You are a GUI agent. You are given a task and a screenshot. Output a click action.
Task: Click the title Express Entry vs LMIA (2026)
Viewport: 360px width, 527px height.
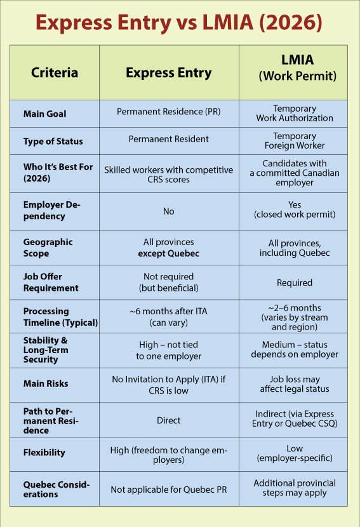pos(180,23)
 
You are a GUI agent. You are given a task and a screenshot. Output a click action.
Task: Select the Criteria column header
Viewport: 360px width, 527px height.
pos(55,72)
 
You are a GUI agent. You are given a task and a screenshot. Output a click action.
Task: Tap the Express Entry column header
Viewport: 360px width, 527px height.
pos(168,72)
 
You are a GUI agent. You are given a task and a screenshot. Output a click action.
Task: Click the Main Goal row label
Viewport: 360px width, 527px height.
pos(44,114)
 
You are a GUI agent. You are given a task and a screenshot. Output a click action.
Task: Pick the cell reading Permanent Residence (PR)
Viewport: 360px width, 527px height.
pos(168,112)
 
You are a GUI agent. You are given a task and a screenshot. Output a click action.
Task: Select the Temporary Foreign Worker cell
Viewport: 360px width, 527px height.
pos(294,140)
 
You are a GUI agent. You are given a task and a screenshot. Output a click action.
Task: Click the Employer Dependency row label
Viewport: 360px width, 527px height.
pos(52,210)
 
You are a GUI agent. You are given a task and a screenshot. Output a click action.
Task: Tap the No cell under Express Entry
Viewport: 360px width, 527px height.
pos(168,211)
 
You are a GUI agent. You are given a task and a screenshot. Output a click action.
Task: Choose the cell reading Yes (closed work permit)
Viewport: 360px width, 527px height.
pos(294,210)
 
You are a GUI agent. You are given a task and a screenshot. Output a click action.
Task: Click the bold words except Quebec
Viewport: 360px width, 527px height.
pos(168,253)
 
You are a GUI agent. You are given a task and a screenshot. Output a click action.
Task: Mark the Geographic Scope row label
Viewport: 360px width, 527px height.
pos(48,248)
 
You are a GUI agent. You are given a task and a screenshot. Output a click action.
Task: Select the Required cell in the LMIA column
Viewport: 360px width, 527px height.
pos(294,283)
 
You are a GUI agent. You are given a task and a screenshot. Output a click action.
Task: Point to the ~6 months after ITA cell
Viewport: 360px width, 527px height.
pos(168,316)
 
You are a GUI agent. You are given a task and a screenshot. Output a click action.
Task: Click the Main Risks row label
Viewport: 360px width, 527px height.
pos(46,384)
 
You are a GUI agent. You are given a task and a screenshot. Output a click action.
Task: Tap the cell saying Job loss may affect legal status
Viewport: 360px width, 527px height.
pos(294,384)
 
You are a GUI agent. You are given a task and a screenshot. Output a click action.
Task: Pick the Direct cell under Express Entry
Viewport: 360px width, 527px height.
pos(168,420)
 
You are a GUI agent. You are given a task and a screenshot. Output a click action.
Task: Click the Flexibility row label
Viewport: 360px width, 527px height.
pos(44,453)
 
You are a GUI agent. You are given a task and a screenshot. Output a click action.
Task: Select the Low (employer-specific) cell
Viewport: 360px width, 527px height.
pos(294,453)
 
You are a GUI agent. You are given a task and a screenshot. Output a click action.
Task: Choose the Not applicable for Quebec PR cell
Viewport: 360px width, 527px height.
pos(168,489)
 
